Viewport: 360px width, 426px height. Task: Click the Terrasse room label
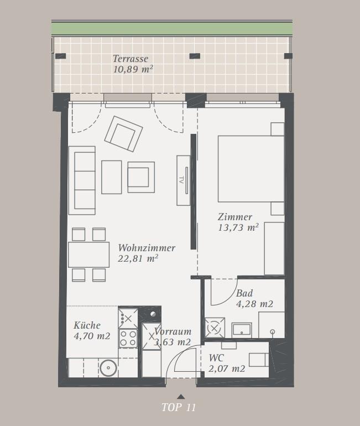(131, 59)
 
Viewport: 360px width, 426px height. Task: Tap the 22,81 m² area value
(138, 258)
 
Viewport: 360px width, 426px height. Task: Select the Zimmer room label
(235, 217)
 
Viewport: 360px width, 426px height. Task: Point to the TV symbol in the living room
(183, 180)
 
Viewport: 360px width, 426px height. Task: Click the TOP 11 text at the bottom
(179, 407)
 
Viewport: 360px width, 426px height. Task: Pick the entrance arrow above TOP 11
(181, 397)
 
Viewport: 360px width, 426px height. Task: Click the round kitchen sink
(108, 368)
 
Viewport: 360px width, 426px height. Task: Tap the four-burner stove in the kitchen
(128, 338)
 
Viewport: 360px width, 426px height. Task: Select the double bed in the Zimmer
(251, 169)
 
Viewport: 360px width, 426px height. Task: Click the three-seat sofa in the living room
(82, 180)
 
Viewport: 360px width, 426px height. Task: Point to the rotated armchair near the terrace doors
(123, 134)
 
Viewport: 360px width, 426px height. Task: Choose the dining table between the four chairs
(89, 254)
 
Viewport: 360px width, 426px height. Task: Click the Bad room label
(244, 293)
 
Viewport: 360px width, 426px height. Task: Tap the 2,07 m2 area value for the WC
(227, 368)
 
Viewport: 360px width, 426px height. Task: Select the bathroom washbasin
(242, 330)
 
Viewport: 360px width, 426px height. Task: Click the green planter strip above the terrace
(172, 29)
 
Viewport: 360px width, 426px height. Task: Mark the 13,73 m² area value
(238, 227)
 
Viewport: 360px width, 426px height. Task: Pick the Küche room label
(87, 325)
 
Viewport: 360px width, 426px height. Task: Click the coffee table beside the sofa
(112, 177)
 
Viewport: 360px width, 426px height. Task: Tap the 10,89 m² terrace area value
(133, 69)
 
